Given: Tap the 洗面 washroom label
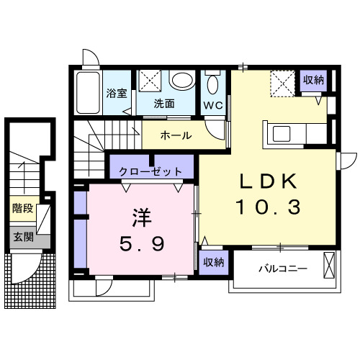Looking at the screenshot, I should [x=163, y=103].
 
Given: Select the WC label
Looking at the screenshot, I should [x=212, y=104].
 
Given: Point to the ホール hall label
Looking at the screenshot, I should [x=175, y=135].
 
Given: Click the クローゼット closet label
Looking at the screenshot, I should [x=150, y=171].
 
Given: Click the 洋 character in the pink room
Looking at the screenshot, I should [x=140, y=217].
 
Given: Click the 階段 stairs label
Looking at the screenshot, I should [x=22, y=209].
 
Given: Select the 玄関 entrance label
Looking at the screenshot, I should [x=22, y=235].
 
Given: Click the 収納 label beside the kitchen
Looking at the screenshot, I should [x=313, y=80].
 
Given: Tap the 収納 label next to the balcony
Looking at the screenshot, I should [x=212, y=261].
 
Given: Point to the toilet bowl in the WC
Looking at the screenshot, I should [x=212, y=85].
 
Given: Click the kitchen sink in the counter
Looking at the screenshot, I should [x=281, y=134].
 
